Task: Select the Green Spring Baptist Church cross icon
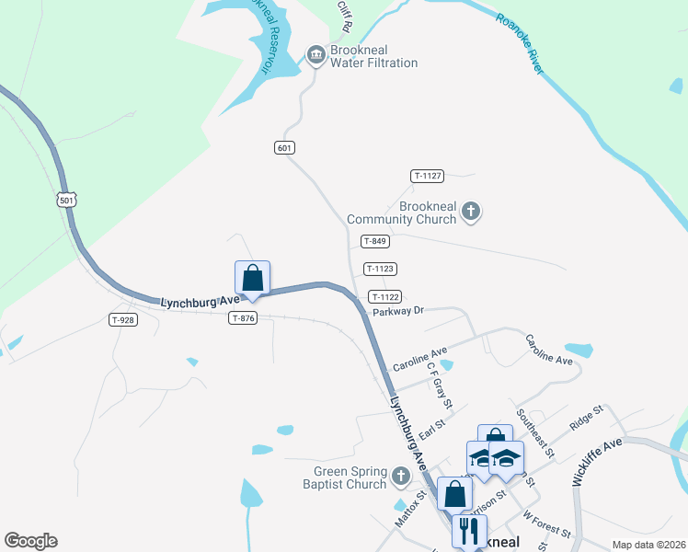pos(399,477)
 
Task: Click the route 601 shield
pos(284,147)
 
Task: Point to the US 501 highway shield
pos(65,201)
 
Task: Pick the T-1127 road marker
pos(428,176)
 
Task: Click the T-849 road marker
pos(375,241)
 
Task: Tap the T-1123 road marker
pos(380,269)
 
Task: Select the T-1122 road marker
pos(384,296)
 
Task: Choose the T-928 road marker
pos(122,319)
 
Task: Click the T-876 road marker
pos(243,317)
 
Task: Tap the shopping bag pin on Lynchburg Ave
pos(252,278)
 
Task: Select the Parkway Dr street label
pos(397,312)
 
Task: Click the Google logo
pos(30,540)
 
